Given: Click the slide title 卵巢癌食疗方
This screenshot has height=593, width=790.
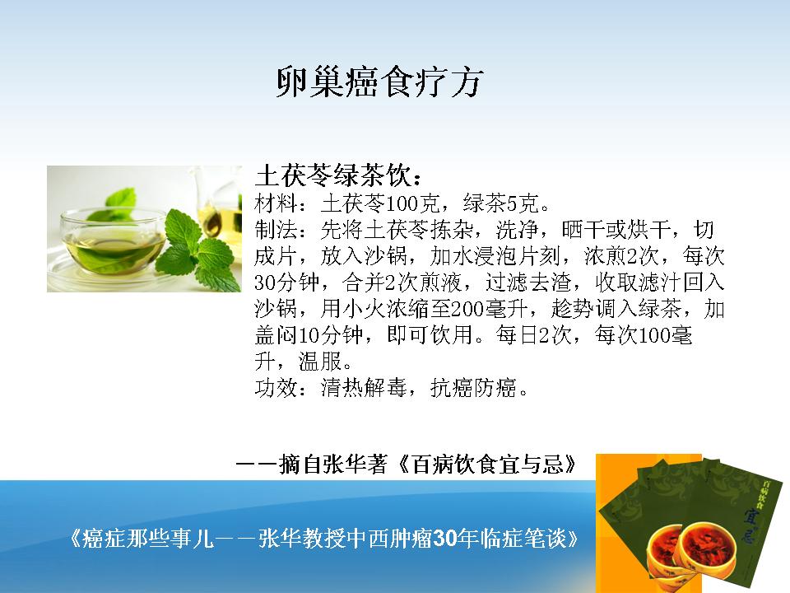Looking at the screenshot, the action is click(380, 82).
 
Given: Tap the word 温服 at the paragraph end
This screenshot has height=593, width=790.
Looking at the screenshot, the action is click(320, 361).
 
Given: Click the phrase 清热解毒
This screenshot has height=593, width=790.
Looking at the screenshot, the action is click(364, 388).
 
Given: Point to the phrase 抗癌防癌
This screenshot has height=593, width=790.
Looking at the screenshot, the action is click(474, 388).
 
